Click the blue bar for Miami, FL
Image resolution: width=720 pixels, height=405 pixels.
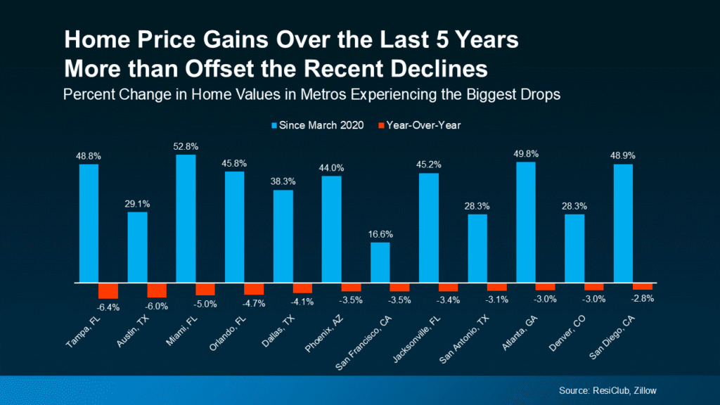(x=186, y=219)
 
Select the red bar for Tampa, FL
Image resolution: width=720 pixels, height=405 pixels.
(x=108, y=290)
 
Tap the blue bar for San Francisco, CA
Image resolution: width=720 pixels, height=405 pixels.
(x=380, y=262)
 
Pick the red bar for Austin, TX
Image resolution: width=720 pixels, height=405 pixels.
(x=157, y=290)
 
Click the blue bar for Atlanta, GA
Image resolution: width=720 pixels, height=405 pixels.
(x=525, y=222)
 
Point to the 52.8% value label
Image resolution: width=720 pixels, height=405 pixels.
(x=186, y=146)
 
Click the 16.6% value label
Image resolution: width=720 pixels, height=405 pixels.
(x=380, y=234)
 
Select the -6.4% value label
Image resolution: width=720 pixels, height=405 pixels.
(x=109, y=307)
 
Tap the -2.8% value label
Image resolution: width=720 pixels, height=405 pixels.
(x=642, y=298)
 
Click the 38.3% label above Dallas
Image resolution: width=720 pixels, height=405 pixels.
(x=283, y=181)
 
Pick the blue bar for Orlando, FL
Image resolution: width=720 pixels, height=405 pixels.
(x=234, y=227)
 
